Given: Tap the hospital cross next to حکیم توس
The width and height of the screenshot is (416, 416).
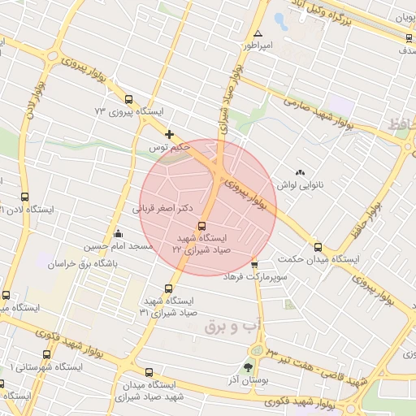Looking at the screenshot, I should (x=169, y=134).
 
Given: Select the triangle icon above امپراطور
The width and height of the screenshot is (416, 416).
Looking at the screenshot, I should (x=258, y=34).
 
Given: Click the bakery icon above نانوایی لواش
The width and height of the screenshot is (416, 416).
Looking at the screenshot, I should (x=301, y=172).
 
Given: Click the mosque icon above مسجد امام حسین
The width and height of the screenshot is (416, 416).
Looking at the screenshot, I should (x=119, y=234).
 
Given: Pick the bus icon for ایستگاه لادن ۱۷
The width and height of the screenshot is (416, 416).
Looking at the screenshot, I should (x=24, y=197).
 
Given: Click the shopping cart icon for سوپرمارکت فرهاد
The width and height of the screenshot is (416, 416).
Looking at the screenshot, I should (x=254, y=265).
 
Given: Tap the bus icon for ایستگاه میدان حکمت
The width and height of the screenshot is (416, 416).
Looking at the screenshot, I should (x=317, y=247).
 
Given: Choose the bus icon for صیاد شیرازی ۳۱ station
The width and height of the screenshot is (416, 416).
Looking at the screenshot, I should (x=169, y=288).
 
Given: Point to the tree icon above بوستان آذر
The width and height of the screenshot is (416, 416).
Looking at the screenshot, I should (x=248, y=366).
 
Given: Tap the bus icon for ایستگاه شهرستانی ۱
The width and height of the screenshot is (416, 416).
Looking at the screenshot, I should (x=45, y=355).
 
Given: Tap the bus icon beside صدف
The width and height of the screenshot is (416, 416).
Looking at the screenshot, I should (x=408, y=37).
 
